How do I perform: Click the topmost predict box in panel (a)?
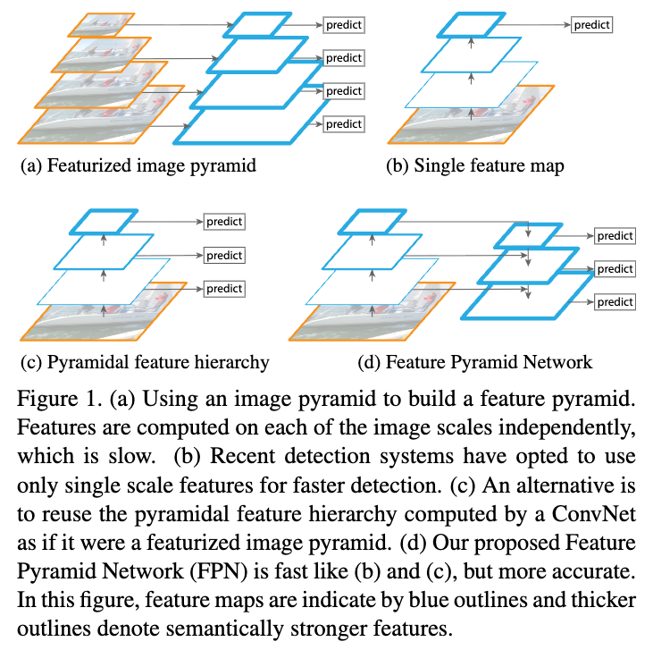pos(343,25)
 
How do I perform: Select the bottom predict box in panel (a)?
pos(343,123)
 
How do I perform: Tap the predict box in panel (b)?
pos(591,25)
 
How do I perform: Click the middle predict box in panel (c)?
pos(224,256)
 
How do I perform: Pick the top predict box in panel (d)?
pos(615,236)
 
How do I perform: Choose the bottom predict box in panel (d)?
pos(615,302)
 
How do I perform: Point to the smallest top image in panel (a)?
pos(100,24)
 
